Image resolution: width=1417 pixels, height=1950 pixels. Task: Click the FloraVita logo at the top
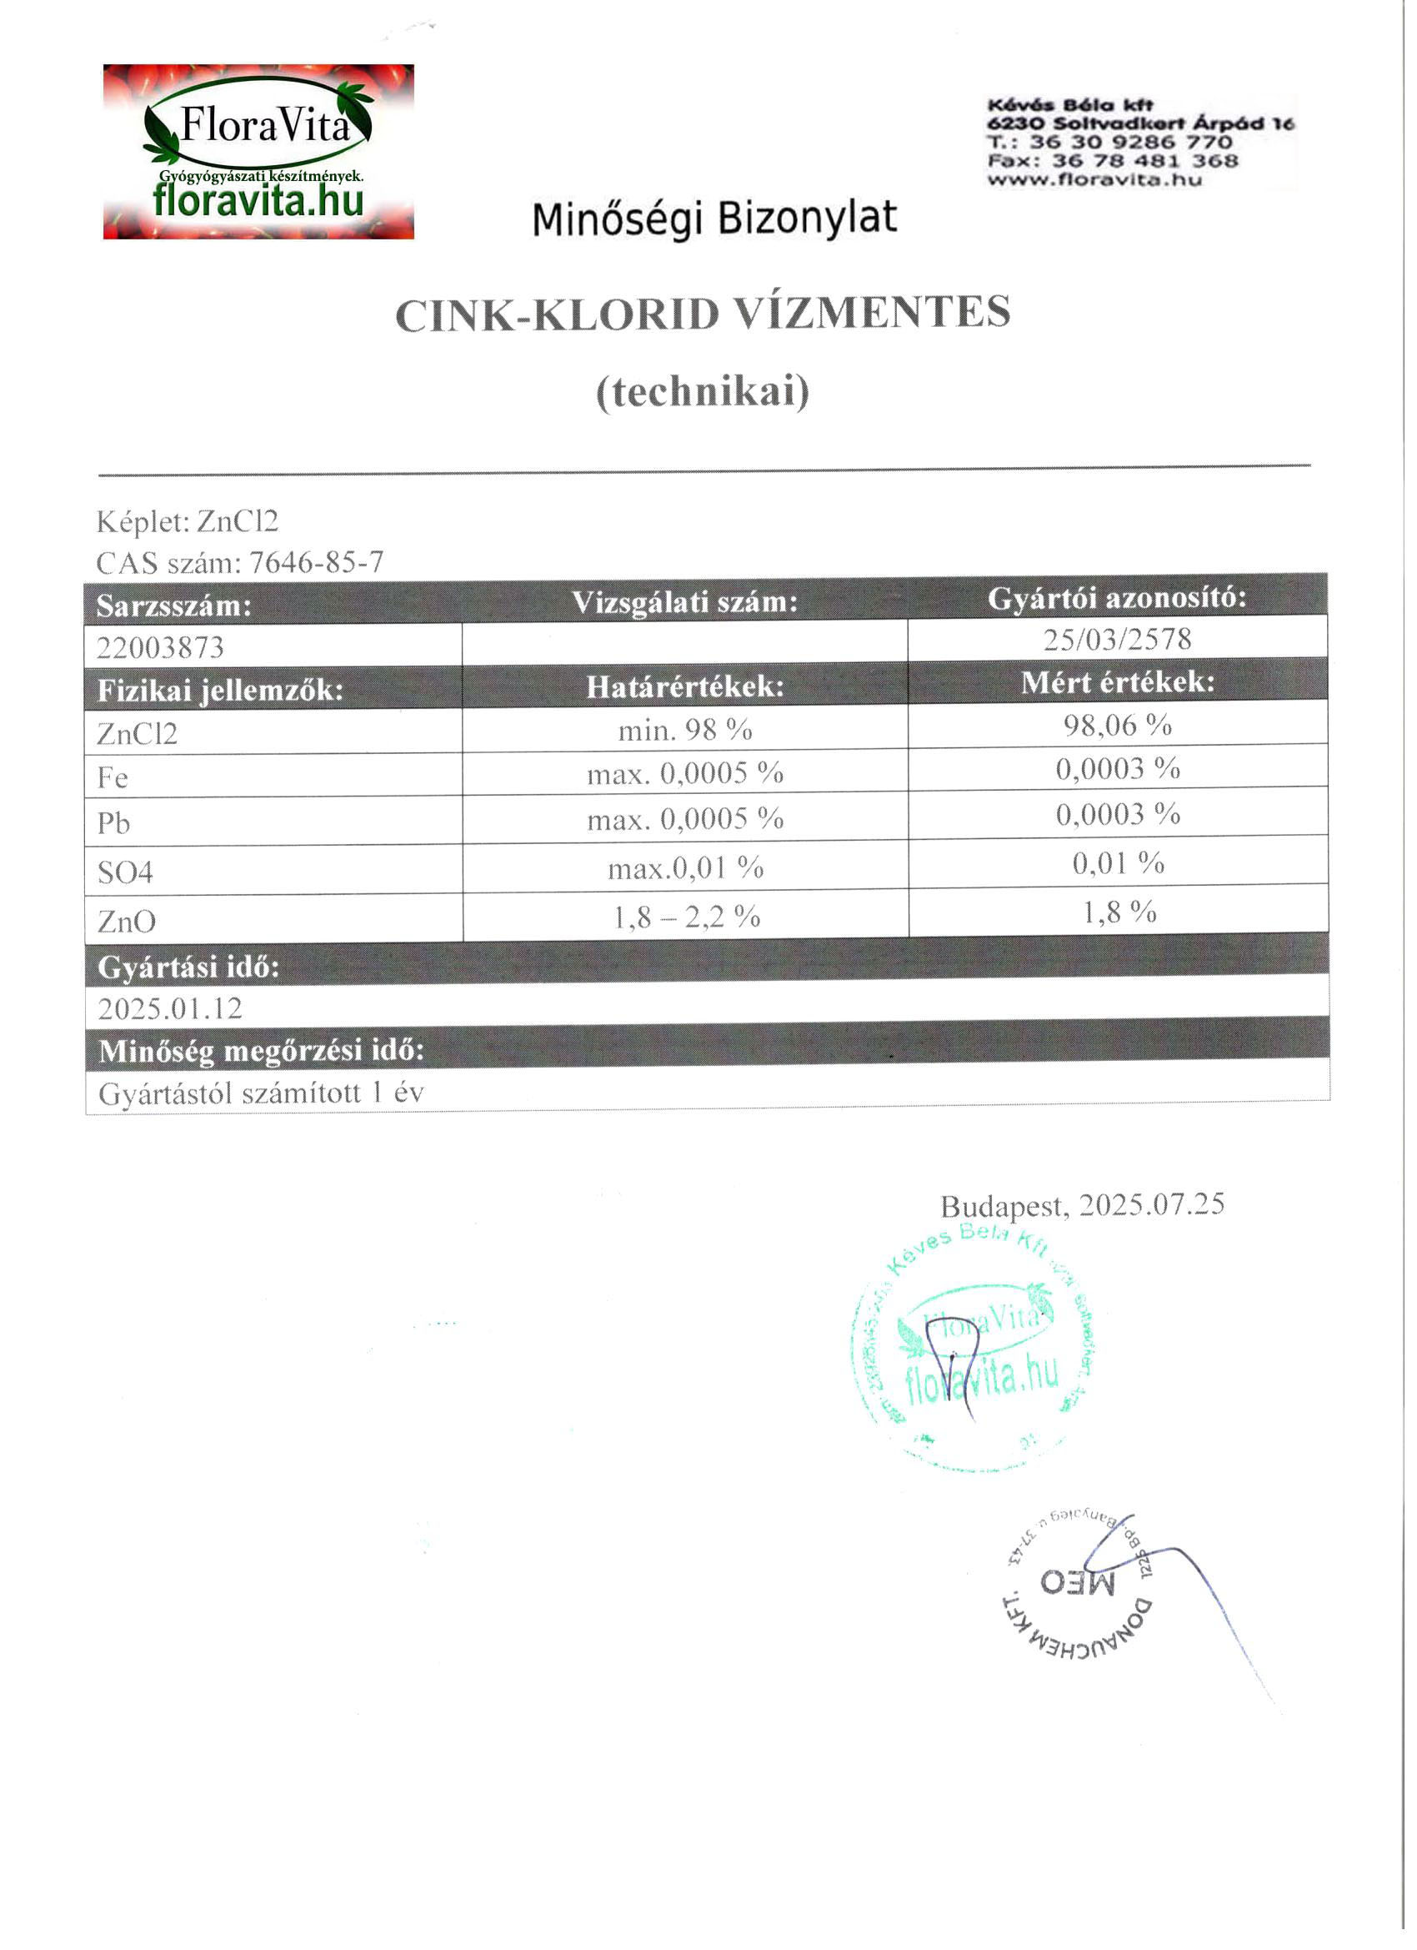click(x=258, y=151)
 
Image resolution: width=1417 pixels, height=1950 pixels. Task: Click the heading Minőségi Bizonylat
click(x=714, y=219)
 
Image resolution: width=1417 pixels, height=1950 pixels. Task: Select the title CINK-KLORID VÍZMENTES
click(x=702, y=314)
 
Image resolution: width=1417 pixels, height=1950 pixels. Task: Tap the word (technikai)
click(x=703, y=392)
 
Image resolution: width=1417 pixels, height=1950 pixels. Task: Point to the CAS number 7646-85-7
click(x=316, y=562)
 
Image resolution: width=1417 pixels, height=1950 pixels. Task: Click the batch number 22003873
click(x=160, y=646)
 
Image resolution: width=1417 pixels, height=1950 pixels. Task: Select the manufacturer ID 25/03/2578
click(x=1117, y=639)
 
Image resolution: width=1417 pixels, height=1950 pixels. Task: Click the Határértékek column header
click(x=685, y=686)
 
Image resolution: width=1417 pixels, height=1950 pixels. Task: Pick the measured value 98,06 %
click(x=1117, y=725)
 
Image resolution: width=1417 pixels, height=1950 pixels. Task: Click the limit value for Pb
click(x=685, y=818)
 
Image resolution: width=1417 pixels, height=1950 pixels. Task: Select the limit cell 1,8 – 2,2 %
click(x=686, y=917)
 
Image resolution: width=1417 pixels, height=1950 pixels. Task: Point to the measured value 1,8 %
click(x=1119, y=912)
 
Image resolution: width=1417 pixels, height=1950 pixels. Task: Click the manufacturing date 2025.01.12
click(x=170, y=1008)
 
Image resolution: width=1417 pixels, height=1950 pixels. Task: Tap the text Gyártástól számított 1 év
click(x=261, y=1093)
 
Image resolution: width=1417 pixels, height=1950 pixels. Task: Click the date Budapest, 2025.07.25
click(x=1082, y=1204)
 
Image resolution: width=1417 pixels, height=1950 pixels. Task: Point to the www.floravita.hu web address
click(x=1094, y=179)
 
